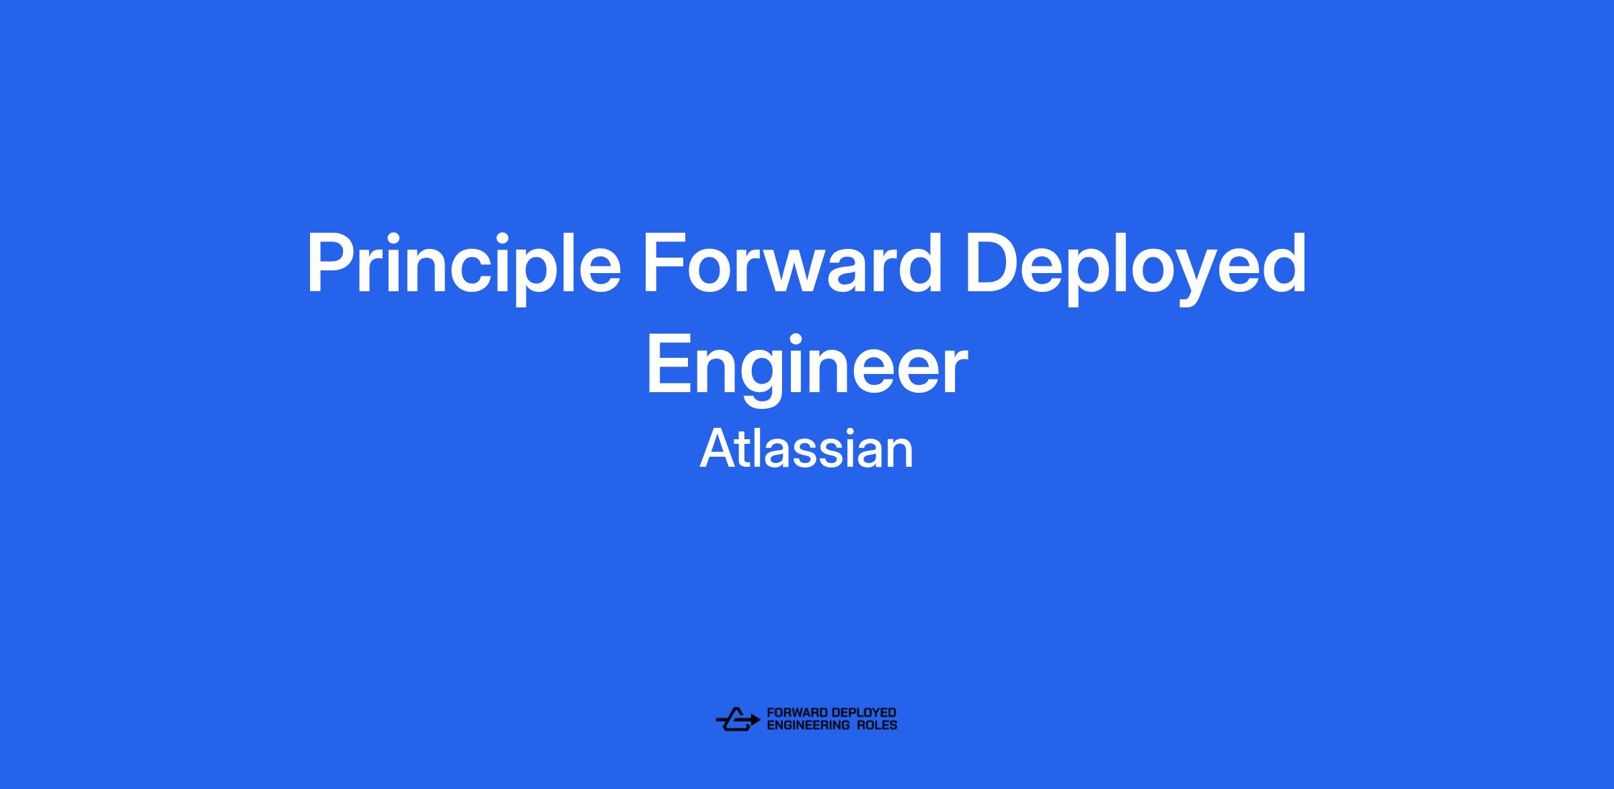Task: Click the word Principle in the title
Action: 463,268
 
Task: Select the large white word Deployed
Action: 1137,268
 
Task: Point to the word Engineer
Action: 806,369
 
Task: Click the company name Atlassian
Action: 806,449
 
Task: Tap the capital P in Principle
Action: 330,264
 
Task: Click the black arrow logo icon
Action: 737,719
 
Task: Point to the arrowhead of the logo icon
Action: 757,719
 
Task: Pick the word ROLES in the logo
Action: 877,725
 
